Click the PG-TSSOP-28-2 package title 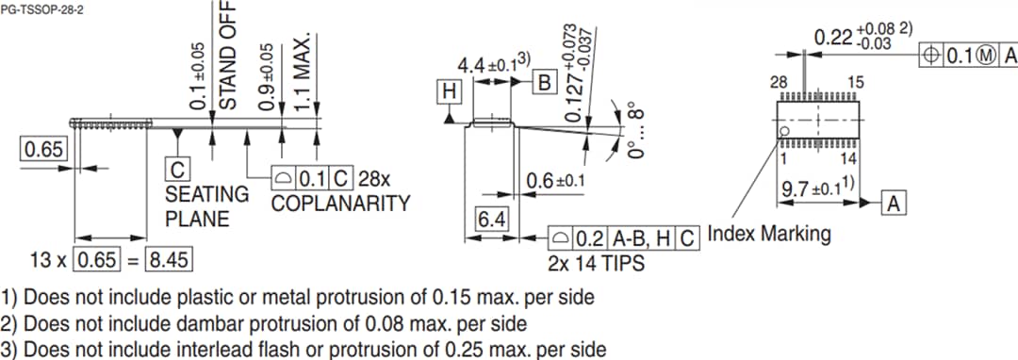[x=37, y=8]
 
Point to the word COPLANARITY [x=340, y=204]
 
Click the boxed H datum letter [x=450, y=91]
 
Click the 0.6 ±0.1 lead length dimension [x=556, y=181]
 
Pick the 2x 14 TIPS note [x=596, y=263]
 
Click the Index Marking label [x=769, y=233]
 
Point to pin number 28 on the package [x=779, y=83]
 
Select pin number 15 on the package [x=855, y=83]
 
